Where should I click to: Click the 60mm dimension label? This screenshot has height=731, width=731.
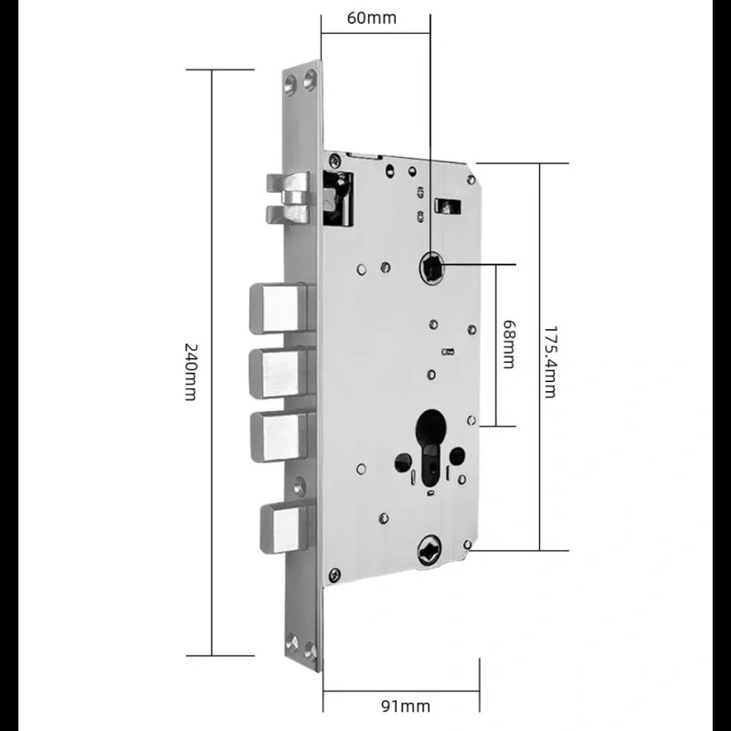point(372,18)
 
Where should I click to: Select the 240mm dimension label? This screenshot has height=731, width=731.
point(191,372)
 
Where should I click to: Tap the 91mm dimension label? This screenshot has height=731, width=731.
point(406,705)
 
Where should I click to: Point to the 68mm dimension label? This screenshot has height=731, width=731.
point(509,344)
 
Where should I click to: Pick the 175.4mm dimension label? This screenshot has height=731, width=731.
point(551,362)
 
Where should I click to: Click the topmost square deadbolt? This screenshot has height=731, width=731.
point(279,308)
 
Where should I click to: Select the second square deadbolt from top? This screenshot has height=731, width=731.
point(279,374)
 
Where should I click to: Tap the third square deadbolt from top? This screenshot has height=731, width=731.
point(280,437)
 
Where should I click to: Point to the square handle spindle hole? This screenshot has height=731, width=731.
point(431,267)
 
